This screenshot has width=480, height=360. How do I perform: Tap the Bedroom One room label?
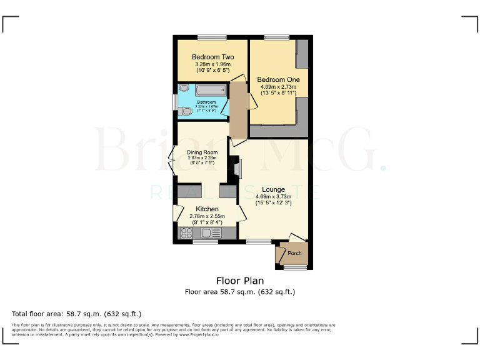click(278, 79)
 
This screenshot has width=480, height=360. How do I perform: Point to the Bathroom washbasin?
click(183, 89)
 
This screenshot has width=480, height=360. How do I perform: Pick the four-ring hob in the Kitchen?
click(186, 233)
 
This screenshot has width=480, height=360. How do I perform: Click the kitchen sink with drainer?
click(211, 233)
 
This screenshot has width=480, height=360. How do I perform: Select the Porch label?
click(294, 253)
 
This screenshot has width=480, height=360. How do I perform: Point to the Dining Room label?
click(202, 152)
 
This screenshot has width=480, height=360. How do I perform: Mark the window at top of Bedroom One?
click(272, 37)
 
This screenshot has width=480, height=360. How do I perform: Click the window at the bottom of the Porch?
click(296, 267)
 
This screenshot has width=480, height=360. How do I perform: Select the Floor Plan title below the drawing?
click(240, 281)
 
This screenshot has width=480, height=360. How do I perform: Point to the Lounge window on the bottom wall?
click(258, 241)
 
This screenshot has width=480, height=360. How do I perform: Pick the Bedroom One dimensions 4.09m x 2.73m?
click(278, 89)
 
